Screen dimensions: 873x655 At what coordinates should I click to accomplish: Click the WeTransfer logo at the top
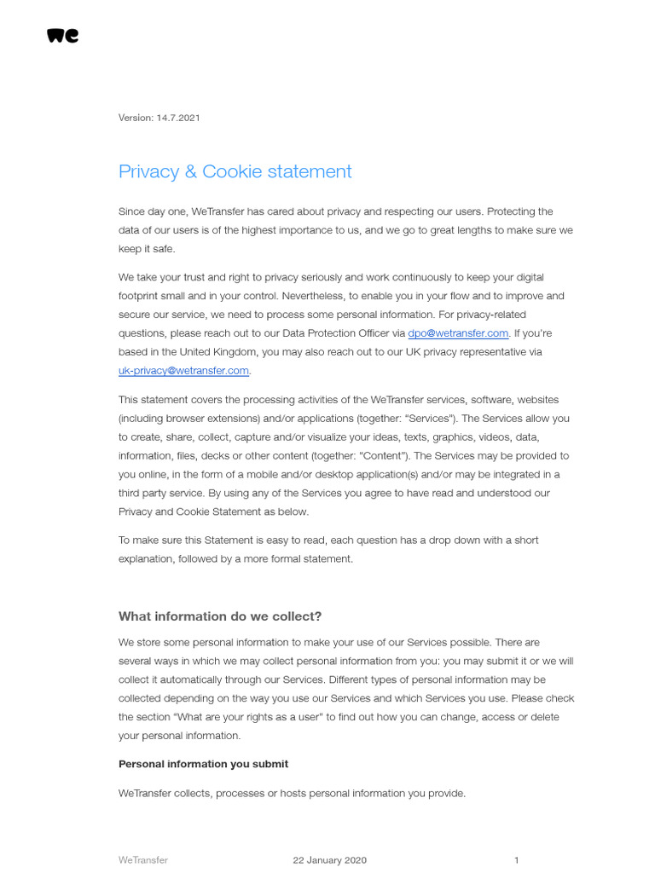point(62,35)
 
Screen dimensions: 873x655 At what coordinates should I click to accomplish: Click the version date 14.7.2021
point(177,118)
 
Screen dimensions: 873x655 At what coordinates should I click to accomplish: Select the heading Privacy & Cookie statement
point(235,171)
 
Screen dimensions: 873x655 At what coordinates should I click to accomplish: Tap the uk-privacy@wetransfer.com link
point(183,371)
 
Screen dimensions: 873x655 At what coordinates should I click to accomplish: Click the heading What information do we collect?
point(220,616)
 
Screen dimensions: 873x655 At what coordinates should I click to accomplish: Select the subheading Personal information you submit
point(203,764)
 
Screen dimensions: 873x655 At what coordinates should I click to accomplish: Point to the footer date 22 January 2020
point(329,860)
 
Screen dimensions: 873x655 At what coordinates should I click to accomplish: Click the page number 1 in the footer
point(516,860)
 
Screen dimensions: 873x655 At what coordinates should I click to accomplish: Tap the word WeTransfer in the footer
point(142,860)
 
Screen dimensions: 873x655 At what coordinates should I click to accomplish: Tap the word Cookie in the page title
point(232,171)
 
